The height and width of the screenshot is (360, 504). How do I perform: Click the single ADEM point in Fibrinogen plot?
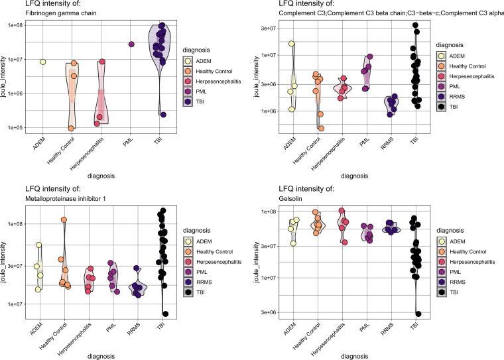pyautogui.click(x=42, y=62)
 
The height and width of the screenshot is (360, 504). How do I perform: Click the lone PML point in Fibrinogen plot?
pyautogui.click(x=131, y=44)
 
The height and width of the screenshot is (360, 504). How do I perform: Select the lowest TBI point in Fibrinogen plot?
pyautogui.click(x=163, y=115)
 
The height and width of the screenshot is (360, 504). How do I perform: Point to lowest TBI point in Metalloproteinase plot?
pyautogui.click(x=165, y=314)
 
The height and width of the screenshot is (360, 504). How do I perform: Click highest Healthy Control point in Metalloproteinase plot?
pyautogui.click(x=64, y=219)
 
